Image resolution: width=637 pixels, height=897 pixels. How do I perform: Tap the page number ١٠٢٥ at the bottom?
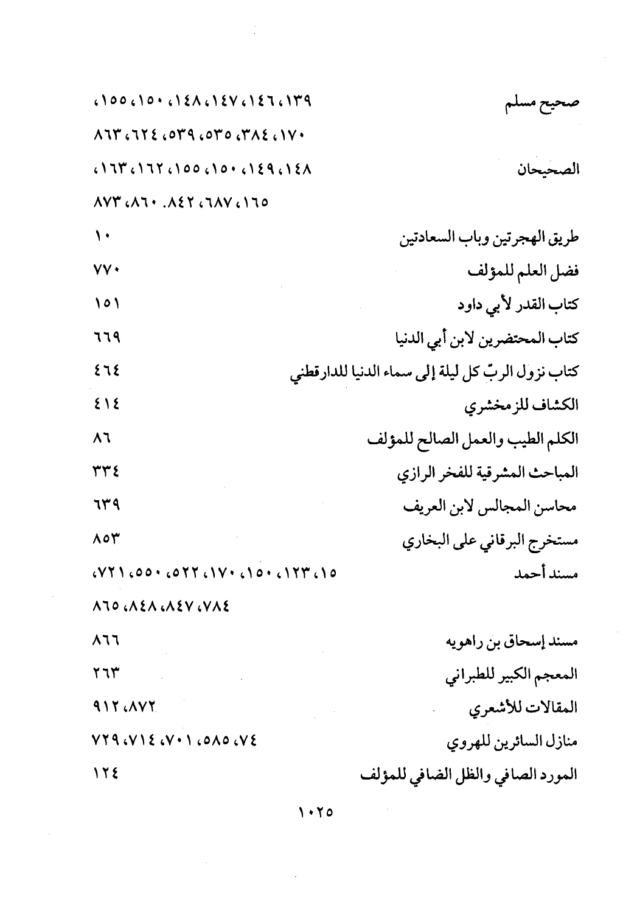[317, 812]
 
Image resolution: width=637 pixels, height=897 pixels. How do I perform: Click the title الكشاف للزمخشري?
[521, 405]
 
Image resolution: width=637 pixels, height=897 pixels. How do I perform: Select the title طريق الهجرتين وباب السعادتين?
[489, 237]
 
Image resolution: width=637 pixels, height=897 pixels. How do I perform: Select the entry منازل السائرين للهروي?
[512, 742]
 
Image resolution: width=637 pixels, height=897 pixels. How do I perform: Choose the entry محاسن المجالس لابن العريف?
[490, 506]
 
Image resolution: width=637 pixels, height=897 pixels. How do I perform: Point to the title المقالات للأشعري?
[523, 708]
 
